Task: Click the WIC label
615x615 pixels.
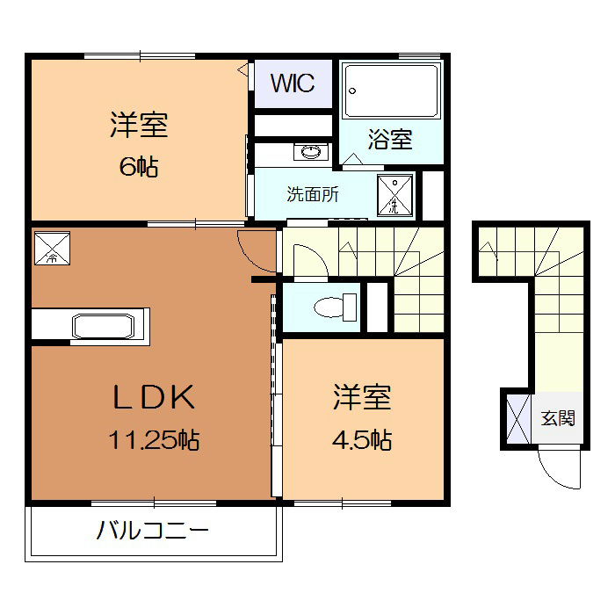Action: pos(293,84)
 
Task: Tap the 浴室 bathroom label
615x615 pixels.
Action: pos(390,139)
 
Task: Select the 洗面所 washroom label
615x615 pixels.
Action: pos(313,195)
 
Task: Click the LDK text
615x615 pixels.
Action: pos(153,398)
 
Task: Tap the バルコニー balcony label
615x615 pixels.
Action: pos(153,532)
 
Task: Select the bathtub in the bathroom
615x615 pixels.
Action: pos(392,90)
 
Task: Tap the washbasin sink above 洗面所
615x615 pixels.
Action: pos(312,153)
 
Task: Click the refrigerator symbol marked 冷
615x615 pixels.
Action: pos(51,248)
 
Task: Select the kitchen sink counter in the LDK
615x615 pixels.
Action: pos(103,325)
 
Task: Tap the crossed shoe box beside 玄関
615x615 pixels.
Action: pos(518,420)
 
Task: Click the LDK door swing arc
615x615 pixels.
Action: pos(255,249)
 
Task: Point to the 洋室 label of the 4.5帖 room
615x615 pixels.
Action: pos(362,398)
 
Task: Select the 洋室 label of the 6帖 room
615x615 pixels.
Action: pos(139,126)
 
